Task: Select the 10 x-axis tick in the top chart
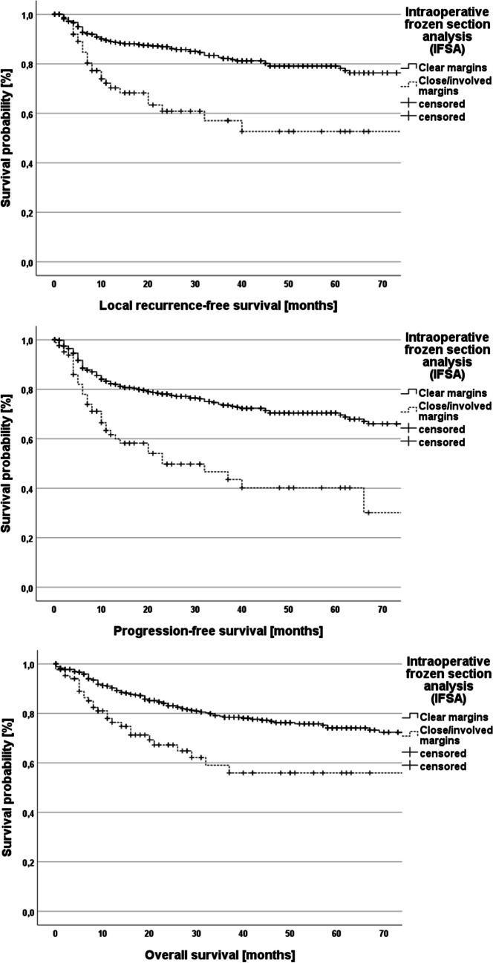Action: coord(101,283)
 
